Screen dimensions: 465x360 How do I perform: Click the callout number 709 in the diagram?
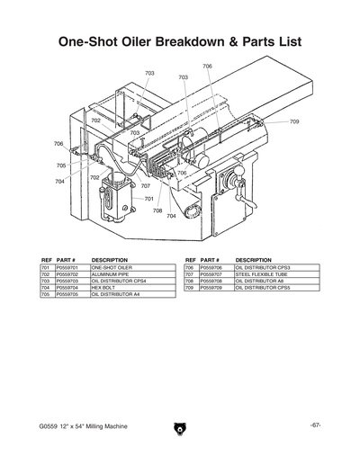pos(293,121)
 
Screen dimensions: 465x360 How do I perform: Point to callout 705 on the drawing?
pos(60,165)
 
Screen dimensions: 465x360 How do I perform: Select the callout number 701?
pos(149,199)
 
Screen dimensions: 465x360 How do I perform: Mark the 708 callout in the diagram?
pos(157,210)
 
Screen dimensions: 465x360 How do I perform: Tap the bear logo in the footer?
pos(179,428)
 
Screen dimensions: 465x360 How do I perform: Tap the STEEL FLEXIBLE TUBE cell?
pos(262,274)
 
